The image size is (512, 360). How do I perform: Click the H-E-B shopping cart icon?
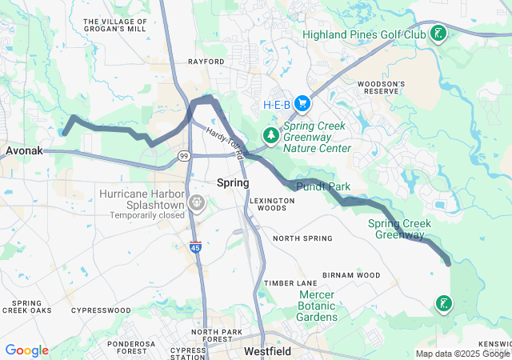coord(302,103)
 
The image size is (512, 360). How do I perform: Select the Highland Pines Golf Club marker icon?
coord(438,34)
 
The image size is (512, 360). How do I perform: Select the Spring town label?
coord(233,183)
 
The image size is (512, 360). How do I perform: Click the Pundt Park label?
coord(324,186)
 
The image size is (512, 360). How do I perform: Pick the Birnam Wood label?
coord(351,275)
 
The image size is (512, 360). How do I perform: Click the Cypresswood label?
coord(100,310)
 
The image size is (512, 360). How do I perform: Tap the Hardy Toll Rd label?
coord(223,135)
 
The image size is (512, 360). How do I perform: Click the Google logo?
coord(26,350)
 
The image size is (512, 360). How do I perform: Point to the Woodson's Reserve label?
coord(382,87)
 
